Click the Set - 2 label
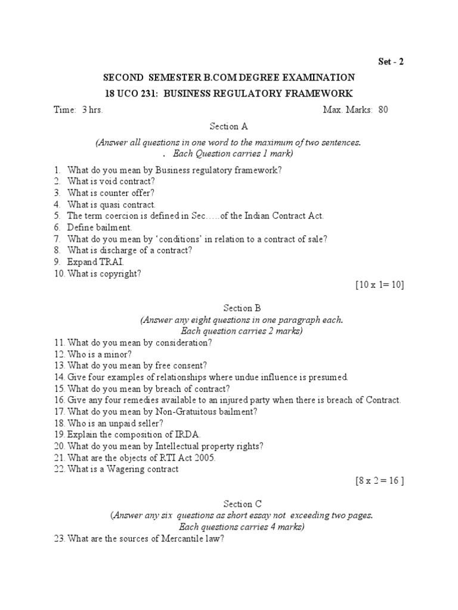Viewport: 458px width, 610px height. tap(391, 61)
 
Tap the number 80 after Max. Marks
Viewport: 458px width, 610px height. tap(383, 110)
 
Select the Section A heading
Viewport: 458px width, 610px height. tap(228, 126)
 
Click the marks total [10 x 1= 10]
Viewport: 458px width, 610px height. tap(380, 285)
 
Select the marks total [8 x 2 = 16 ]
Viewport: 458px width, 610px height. tap(380, 481)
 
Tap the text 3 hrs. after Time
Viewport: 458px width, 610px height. tap(93, 110)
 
